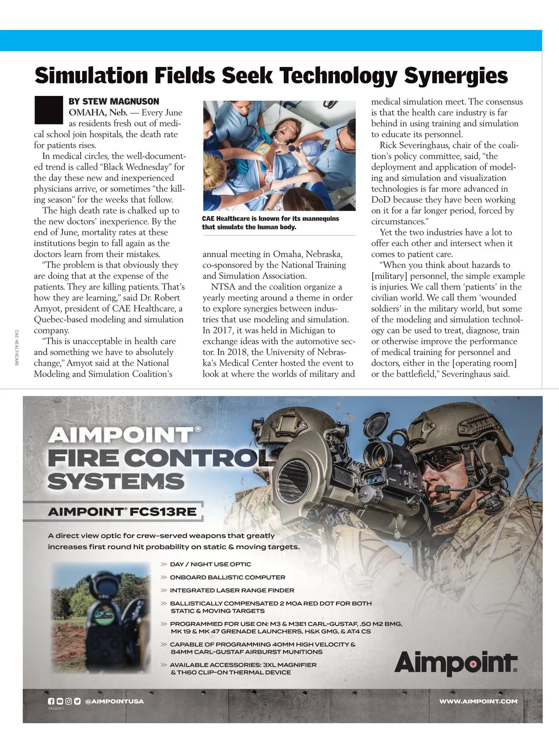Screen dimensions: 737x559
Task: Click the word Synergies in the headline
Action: tap(455, 75)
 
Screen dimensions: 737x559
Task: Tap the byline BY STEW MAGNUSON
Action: tap(114, 101)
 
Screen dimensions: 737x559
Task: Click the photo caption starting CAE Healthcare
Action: tap(270, 223)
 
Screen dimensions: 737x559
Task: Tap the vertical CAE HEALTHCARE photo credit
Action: tap(16, 348)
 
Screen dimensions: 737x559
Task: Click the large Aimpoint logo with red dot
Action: tap(455, 662)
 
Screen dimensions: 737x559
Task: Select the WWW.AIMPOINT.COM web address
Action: tap(478, 701)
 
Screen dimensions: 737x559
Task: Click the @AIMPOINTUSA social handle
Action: tap(114, 701)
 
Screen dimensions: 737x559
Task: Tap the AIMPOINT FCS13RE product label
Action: tap(122, 512)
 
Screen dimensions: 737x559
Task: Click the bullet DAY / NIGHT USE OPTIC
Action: tap(210, 564)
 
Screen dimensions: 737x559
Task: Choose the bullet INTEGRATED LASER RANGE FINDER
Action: tap(232, 590)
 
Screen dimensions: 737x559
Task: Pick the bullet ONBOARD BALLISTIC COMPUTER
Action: tap(227, 577)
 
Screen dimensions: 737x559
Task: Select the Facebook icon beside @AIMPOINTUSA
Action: tap(51, 701)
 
